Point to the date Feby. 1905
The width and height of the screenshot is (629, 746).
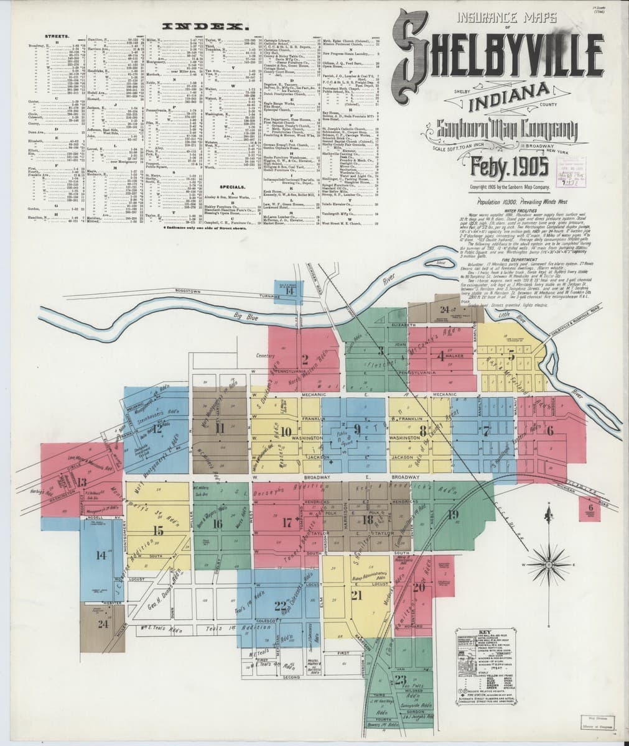tap(510, 167)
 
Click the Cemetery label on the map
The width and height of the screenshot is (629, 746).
tap(266, 356)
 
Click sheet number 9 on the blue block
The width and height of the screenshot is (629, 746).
tap(357, 428)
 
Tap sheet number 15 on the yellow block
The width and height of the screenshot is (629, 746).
tap(158, 530)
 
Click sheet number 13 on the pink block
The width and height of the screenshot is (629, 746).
tap(82, 482)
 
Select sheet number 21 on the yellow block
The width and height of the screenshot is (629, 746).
tap(356, 596)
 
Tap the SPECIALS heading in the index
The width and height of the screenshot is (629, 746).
tap(235, 186)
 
